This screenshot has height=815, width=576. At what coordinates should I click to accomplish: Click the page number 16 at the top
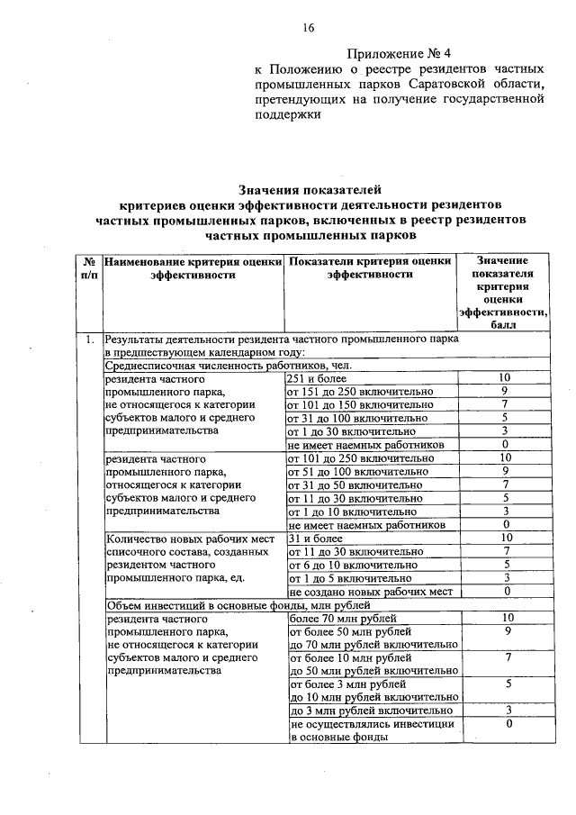click(x=309, y=28)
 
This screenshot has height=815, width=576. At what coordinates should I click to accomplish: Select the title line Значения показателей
click(x=310, y=189)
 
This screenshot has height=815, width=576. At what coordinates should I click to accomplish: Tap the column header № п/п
click(x=89, y=267)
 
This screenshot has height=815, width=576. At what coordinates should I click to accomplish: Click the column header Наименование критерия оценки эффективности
click(x=192, y=267)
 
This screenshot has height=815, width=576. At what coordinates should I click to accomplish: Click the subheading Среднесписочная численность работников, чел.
click(x=226, y=366)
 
